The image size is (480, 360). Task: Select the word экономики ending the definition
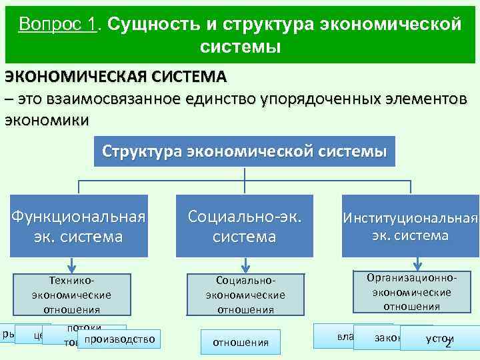[x=46, y=121]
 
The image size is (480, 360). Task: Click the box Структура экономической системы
[x=244, y=151]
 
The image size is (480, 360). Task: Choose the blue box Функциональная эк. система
[x=79, y=226]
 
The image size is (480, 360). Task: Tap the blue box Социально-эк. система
[x=245, y=226]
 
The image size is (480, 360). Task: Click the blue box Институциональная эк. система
[x=410, y=226]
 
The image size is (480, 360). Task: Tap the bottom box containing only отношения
[x=240, y=343]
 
